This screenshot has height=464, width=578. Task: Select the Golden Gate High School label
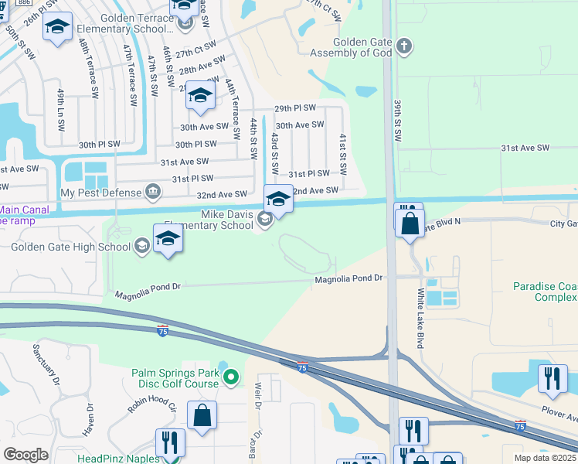pos(70,247)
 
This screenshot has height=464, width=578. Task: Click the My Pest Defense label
pos(100,193)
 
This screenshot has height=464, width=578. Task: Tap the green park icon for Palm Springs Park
pos(229,377)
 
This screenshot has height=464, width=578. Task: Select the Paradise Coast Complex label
pos(546,292)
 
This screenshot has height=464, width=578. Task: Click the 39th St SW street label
pos(398,120)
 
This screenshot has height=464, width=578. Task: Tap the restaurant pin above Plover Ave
pos(552,378)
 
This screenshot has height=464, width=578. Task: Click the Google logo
pos(26,455)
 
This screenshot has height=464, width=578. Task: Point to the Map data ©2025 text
pos(545,458)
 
